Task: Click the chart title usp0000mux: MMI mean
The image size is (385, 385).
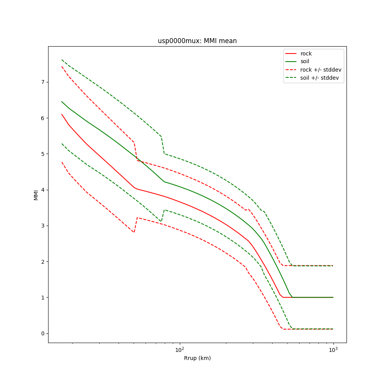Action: pos(197,41)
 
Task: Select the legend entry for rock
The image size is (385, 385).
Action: pos(306,54)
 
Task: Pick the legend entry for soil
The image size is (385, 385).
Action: pos(306,62)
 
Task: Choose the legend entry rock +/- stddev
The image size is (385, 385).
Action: pos(321,70)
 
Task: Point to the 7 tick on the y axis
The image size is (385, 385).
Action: pos(43,82)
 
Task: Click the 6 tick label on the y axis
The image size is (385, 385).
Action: pos(43,118)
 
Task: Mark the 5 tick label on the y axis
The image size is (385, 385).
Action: pos(43,154)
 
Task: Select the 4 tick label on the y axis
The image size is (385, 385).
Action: pos(43,190)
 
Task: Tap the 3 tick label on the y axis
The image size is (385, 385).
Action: pos(43,226)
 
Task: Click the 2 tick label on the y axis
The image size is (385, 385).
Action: pos(43,262)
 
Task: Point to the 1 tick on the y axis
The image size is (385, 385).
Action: pos(43,298)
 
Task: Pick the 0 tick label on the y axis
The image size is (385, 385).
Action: pos(43,333)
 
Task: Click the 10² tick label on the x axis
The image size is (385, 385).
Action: pos(179,349)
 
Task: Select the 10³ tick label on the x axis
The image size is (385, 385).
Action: pos(333,349)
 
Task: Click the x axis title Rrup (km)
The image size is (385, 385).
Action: pos(197,358)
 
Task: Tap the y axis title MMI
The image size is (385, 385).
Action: pos(36,195)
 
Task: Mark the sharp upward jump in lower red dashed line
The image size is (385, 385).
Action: pos(136,225)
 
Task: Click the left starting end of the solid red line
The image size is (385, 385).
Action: pos(62,114)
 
